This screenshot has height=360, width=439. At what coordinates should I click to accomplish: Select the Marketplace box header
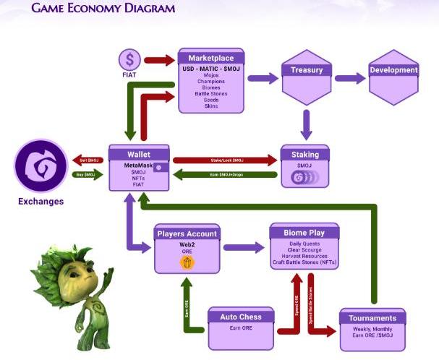[x=210, y=57]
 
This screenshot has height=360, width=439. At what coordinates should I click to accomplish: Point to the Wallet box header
[x=139, y=153]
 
